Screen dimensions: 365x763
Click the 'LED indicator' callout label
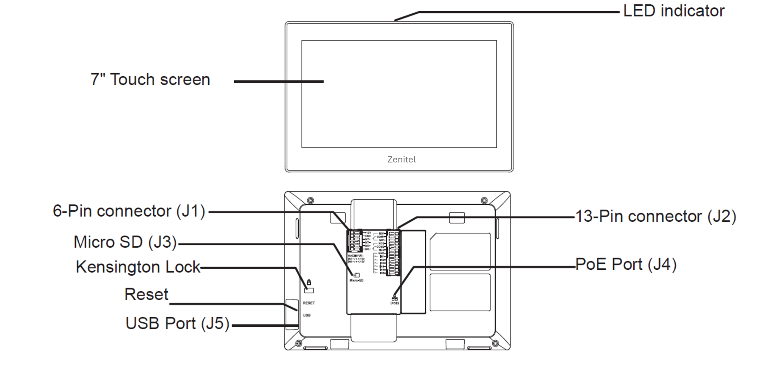click(674, 11)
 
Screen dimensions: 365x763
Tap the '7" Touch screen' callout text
click(150, 80)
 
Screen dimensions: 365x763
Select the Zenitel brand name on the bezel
click(401, 160)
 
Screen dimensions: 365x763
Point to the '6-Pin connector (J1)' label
click(129, 211)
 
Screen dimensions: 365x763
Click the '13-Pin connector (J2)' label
click(655, 216)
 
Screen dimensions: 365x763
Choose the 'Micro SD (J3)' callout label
click(125, 242)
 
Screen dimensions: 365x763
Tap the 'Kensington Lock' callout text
click(138, 267)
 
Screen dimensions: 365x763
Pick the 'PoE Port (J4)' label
click(626, 265)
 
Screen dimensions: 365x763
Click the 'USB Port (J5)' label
click(177, 323)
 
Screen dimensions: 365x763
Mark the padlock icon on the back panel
click(309, 282)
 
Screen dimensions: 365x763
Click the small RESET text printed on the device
click(309, 303)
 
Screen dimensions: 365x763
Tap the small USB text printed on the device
click(307, 315)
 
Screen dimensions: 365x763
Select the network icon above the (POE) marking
click(395, 298)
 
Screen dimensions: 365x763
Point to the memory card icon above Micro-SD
click(356, 275)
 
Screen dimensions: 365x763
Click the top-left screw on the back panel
click(310, 200)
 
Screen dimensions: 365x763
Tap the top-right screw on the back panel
click(484, 200)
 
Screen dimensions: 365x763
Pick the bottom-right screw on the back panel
click(495, 344)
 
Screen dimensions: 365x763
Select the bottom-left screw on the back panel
click(298, 344)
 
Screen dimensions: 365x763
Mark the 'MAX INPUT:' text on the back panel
click(356, 256)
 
